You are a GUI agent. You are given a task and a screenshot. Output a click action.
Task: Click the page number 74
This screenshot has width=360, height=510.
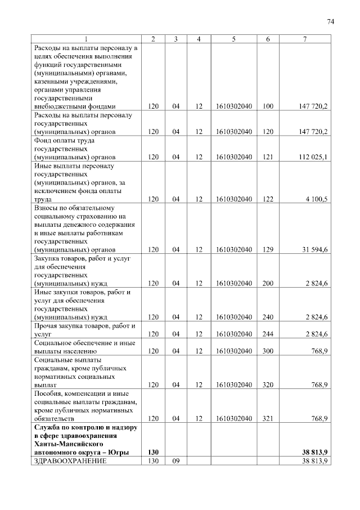coord(331,21)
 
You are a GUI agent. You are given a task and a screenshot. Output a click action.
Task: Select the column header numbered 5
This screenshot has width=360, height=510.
coord(233,39)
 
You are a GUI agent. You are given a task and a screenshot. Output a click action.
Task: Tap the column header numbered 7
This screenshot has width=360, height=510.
coord(304,39)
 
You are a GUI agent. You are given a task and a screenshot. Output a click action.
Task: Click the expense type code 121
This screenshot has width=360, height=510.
coord(268,157)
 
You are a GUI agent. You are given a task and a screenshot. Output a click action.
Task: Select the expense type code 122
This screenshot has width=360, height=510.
coord(268,199)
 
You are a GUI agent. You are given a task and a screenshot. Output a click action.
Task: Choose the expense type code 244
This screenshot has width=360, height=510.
coord(268,334)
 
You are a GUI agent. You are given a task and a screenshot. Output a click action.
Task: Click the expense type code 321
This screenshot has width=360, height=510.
coord(268,419)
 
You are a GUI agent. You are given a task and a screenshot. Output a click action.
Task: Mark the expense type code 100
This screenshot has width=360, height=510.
coord(268,106)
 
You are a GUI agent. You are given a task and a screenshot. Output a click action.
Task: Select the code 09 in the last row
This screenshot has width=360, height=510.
coord(176,461)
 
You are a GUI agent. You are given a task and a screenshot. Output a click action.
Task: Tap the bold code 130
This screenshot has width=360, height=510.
coord(153,453)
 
